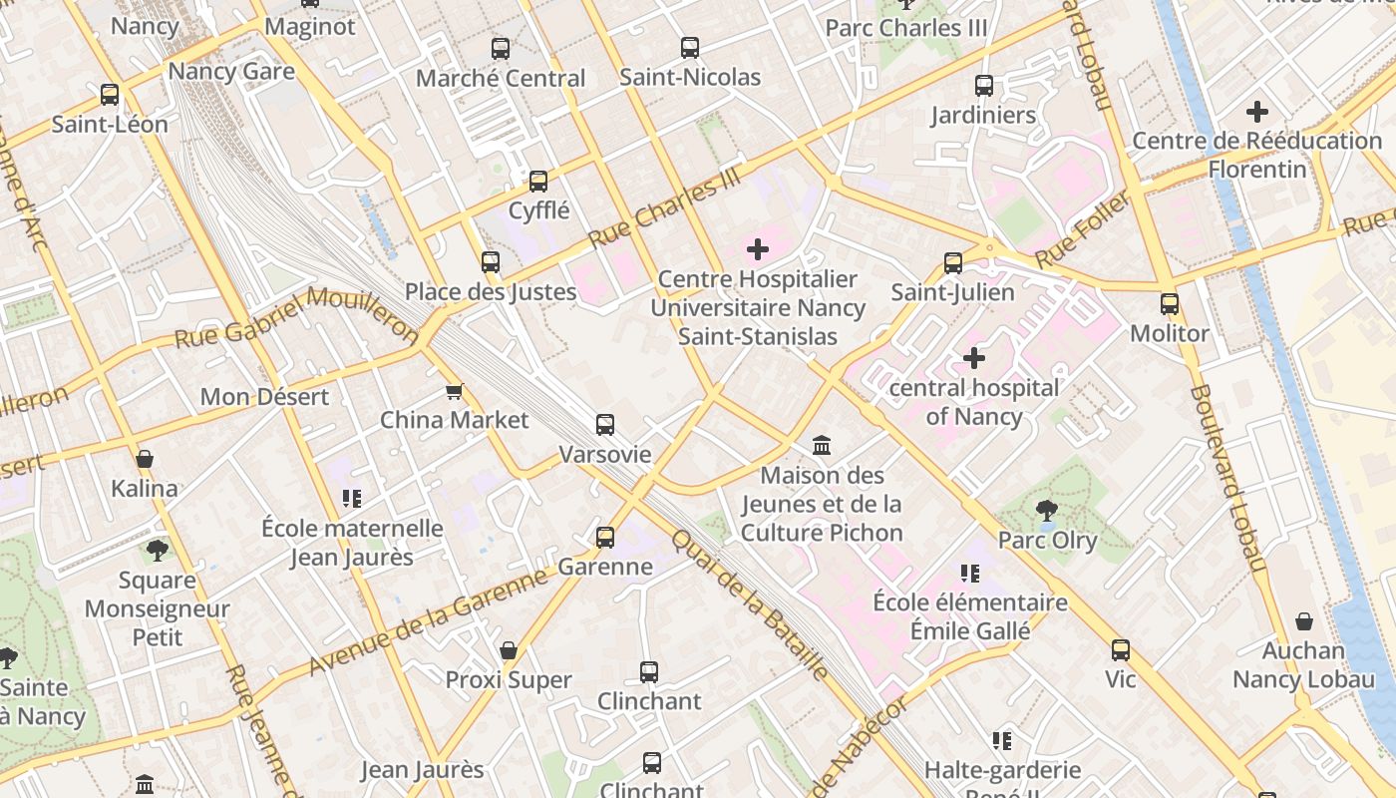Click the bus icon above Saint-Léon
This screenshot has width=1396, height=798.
(x=110, y=95)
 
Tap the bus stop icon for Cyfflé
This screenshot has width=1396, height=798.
(x=538, y=182)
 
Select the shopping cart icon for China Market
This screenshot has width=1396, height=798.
(x=455, y=391)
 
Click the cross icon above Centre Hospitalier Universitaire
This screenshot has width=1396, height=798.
(x=758, y=249)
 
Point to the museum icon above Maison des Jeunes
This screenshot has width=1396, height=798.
(x=822, y=445)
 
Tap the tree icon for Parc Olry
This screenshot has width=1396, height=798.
(x=1047, y=511)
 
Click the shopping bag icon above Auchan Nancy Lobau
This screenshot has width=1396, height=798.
(x=1303, y=621)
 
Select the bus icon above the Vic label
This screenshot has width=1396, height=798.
(x=1121, y=650)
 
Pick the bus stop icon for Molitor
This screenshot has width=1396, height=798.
(x=1170, y=304)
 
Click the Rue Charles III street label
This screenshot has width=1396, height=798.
(x=666, y=207)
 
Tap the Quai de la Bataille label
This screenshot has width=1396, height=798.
(x=750, y=603)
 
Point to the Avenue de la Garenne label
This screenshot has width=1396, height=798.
(x=429, y=620)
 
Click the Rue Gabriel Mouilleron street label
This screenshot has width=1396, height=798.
(x=296, y=316)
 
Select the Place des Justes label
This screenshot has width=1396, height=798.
(x=491, y=292)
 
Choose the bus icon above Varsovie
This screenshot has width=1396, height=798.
(x=605, y=425)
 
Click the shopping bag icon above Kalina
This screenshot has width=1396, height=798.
(x=145, y=459)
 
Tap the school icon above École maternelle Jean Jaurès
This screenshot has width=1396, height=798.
(x=351, y=498)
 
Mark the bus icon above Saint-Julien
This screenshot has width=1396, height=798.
(x=953, y=263)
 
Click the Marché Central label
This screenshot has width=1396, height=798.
(x=501, y=78)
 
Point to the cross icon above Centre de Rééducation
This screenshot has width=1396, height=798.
(x=1257, y=112)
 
